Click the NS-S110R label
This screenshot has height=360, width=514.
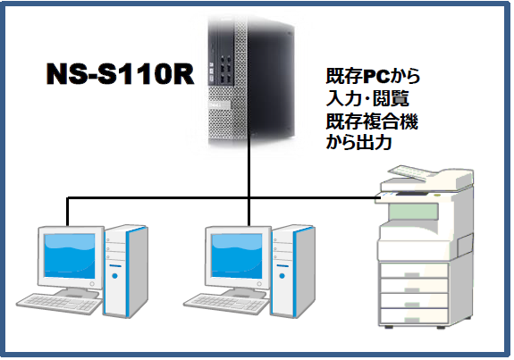pos(120,74)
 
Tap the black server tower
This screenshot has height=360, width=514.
pos(251,80)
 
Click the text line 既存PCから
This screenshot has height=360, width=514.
pos(373,76)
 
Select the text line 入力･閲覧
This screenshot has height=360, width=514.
pos(367,98)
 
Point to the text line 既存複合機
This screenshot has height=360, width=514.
pos(372,121)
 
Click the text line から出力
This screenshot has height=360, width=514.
pos(359,143)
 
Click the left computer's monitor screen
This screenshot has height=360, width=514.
pos(70,255)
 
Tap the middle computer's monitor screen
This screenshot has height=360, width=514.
pos(237,255)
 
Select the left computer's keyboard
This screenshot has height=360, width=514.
pos(59,305)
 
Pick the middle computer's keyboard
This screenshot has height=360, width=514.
pos(226,305)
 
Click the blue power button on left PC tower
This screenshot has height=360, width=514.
pos(114,276)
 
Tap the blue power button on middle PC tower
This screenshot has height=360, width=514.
pos(282,276)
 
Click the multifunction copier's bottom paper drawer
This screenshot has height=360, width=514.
pos(414,316)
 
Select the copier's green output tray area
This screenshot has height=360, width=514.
pos(414,212)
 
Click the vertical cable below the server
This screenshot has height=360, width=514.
pos(249,179)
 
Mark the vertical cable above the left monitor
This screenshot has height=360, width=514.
pos(67,212)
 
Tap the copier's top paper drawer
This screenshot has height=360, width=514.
pos(414,271)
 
